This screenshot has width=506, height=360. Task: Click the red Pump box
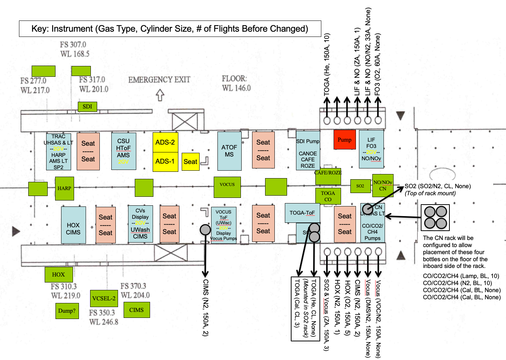click(344, 140)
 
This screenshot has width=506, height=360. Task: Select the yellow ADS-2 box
click(165, 142)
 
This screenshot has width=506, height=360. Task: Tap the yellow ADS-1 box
click(165, 161)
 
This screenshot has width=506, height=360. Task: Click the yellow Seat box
click(190, 162)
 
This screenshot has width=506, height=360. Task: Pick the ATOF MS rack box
click(229, 151)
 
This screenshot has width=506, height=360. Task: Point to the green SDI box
click(87, 107)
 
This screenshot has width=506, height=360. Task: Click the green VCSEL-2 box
click(104, 298)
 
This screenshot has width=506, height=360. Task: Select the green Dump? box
click(67, 311)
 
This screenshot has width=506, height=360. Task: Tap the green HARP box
click(64, 188)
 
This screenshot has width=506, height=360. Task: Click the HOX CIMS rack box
click(73, 225)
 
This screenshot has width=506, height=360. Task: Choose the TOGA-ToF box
click(302, 213)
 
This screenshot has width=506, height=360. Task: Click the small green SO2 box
click(360, 186)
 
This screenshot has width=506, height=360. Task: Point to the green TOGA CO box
click(328, 196)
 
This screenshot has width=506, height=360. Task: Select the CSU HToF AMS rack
click(124, 151)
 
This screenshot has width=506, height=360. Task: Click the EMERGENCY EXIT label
click(159, 80)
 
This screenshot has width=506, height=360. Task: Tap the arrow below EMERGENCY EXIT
click(160, 95)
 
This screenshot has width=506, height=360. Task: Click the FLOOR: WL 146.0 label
click(236, 83)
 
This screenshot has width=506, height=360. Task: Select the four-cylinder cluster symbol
click(435, 218)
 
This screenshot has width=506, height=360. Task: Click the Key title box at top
click(170, 29)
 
